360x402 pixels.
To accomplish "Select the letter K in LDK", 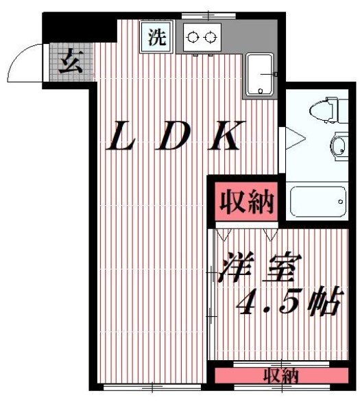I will point(224,137).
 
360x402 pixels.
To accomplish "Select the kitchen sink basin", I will point(261,74).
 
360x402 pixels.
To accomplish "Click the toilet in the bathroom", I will point(324,111).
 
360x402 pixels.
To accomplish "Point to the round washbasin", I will point(338,145).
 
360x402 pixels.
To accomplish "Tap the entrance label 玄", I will point(69,64).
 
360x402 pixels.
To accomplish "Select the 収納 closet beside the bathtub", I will point(247,202).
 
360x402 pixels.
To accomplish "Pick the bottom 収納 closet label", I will point(281,376).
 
